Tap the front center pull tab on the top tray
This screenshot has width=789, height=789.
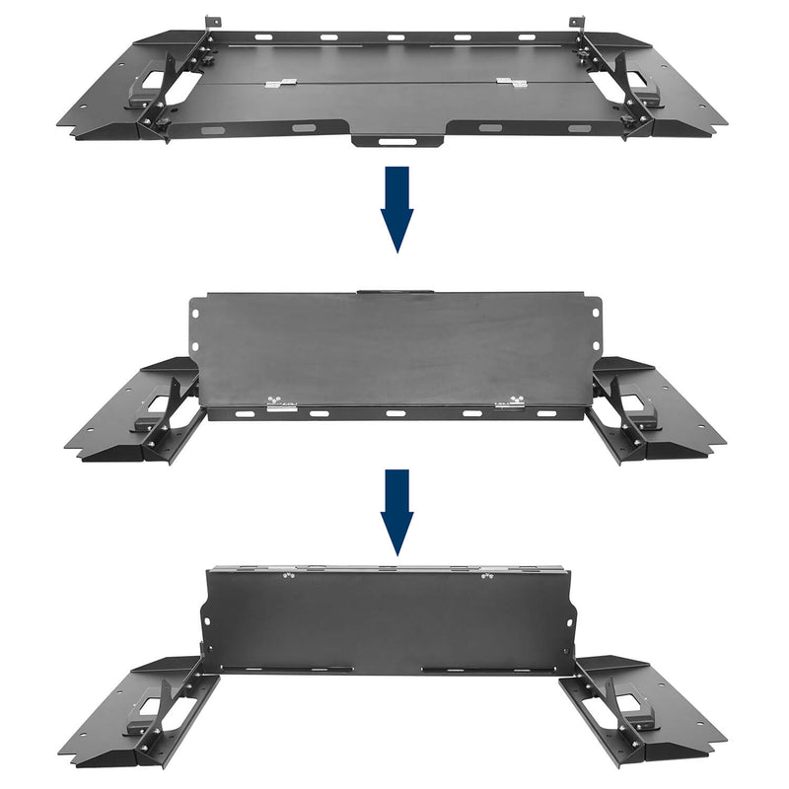tap(396, 141)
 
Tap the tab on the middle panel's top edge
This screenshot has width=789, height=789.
tap(396, 292)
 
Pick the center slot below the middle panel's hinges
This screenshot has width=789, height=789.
tap(395, 413)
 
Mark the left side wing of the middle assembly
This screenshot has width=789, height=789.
tap(133, 414)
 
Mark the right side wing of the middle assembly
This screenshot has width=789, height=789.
tap(656, 414)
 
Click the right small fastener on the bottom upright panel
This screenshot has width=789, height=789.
tap(486, 576)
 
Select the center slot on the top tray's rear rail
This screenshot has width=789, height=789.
tap(394, 37)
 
